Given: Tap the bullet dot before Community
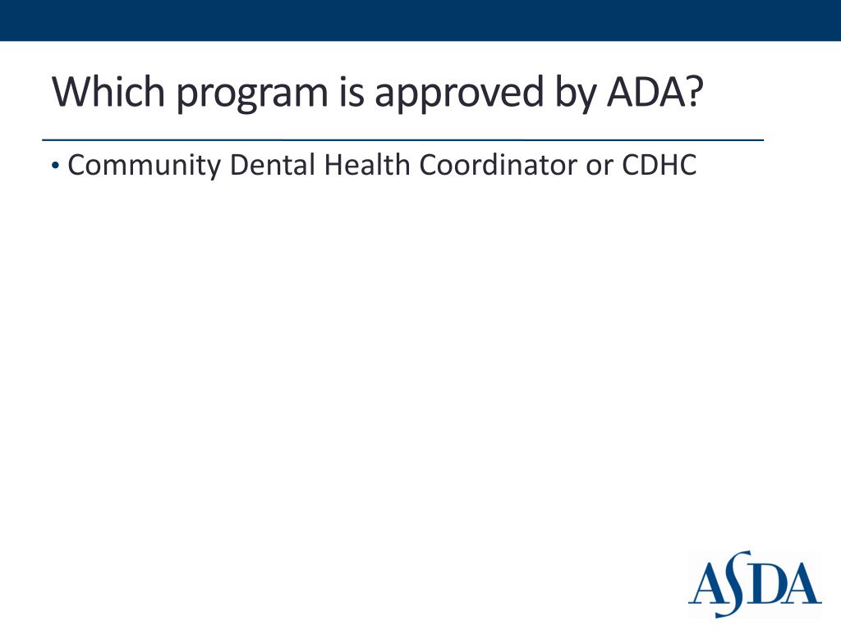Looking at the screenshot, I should (54, 166).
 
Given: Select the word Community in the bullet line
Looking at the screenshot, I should (145, 166).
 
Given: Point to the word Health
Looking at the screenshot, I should (367, 165).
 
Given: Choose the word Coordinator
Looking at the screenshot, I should (499, 165).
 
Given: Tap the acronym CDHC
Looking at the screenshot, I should (659, 165).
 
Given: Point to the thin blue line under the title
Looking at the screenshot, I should (402, 140).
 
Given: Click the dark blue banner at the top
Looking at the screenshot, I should (420, 20).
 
